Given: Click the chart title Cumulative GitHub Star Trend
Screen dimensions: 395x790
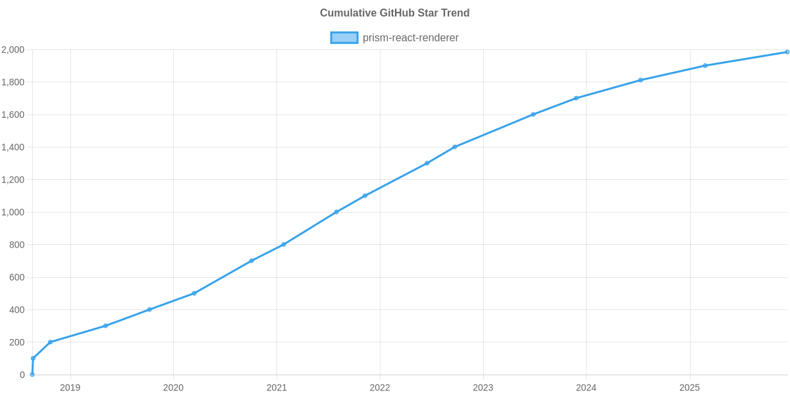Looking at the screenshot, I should coord(394,13).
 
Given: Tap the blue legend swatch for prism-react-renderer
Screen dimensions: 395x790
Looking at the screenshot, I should coord(344,38).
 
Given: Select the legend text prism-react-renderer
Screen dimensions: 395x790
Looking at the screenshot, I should coord(410,38).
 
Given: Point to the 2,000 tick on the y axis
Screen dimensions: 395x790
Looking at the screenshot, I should coord(13,50).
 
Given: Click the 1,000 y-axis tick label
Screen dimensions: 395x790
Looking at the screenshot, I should coord(13,213).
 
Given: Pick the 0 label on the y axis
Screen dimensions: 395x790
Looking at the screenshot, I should coord(22,375).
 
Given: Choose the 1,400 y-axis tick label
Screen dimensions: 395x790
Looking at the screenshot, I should coord(13,147).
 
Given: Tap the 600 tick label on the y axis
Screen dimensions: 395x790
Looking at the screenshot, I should coord(17,278).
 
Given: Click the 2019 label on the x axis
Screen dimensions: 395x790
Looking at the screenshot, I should coord(70,388).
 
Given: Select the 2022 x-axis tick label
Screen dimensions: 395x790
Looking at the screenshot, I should coord(380,388).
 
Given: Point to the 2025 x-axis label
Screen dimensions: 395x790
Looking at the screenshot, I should coord(689,388).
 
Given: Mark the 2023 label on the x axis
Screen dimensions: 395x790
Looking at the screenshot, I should coord(483,388).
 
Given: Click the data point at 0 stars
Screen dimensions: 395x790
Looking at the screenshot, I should coord(32,375).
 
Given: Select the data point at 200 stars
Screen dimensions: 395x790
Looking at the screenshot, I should coord(50,342).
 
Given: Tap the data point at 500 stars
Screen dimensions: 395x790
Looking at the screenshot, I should coord(194,294).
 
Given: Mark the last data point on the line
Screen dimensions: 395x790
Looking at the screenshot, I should coord(787,52).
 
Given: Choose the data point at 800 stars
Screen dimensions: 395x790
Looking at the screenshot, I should coord(284,245).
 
